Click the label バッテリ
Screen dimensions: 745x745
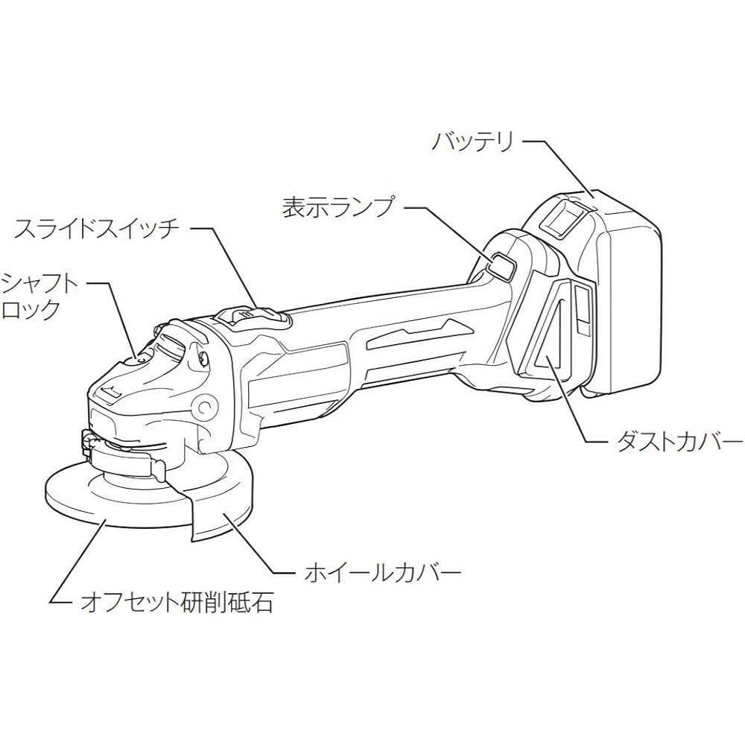click(x=473, y=142)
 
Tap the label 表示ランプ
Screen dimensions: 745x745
click(x=338, y=207)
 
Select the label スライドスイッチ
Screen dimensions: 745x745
click(x=96, y=229)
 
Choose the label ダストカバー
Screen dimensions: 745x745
click(x=679, y=442)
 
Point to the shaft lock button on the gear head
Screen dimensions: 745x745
click(x=140, y=360)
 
